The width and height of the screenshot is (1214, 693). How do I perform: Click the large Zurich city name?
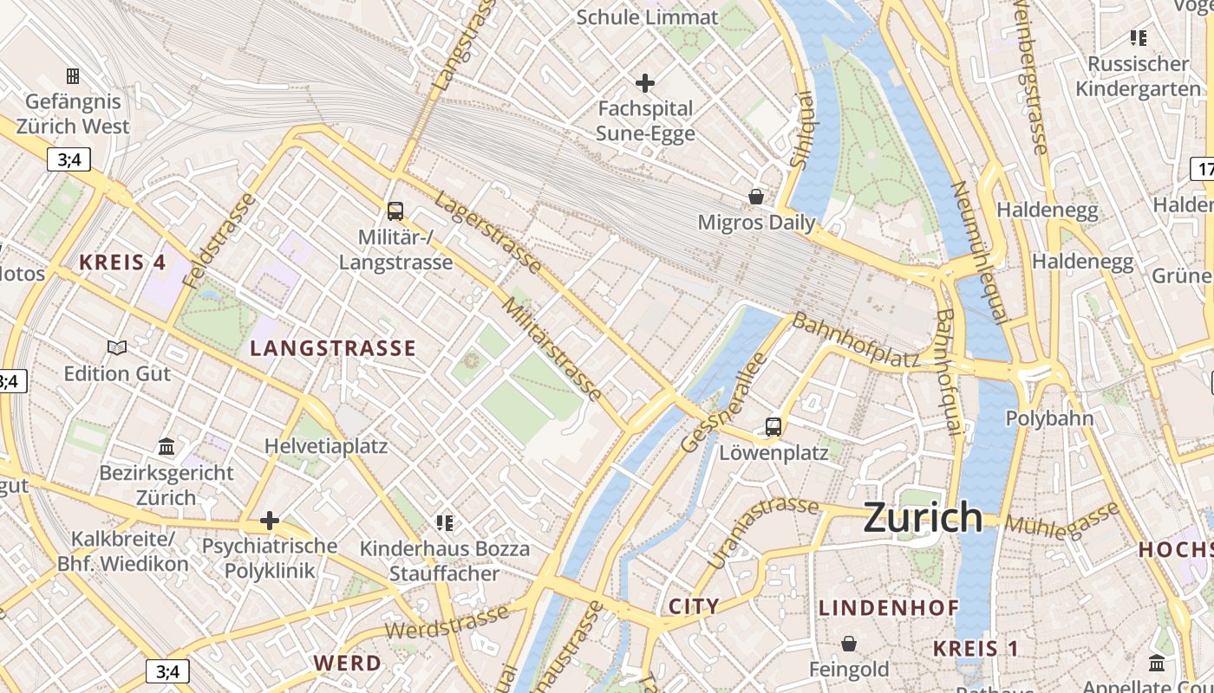point(923,518)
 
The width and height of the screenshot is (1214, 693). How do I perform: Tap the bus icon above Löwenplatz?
point(773,426)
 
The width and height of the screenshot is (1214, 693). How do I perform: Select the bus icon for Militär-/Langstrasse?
point(395,210)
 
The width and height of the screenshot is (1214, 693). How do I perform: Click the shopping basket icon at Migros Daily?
point(756,197)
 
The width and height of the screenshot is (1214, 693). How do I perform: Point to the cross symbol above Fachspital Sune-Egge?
point(645,83)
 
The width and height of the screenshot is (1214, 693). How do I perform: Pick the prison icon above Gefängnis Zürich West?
point(73,76)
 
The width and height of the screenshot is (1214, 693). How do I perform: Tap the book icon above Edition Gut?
point(117,347)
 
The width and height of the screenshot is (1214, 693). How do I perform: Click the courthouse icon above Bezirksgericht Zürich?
point(166,446)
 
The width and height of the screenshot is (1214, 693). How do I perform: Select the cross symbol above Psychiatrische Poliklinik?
point(270,521)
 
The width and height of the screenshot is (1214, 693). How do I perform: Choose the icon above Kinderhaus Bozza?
point(445,522)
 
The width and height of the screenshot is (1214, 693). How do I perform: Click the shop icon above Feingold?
point(849,644)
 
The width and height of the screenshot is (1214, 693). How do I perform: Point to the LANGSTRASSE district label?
point(333,349)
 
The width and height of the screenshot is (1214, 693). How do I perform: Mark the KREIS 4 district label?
point(123,262)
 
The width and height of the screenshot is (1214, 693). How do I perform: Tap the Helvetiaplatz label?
point(326,447)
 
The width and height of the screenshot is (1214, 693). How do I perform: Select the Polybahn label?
point(1049,418)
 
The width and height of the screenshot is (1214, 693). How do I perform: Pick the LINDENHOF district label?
point(889,608)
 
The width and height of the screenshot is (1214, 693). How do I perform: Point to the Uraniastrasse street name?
point(763,532)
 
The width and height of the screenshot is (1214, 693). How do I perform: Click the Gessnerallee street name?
point(725,403)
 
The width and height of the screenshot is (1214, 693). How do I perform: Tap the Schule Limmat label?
point(647,17)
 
